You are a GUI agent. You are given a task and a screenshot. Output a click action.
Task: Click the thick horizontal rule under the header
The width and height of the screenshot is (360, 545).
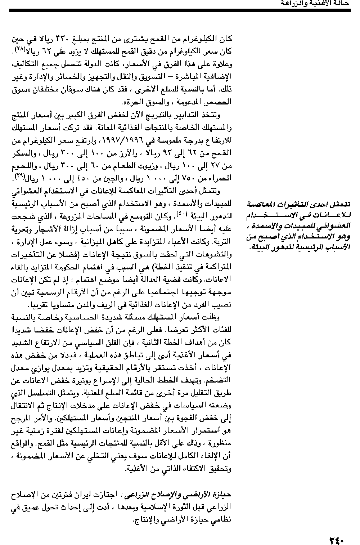[180, 10]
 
